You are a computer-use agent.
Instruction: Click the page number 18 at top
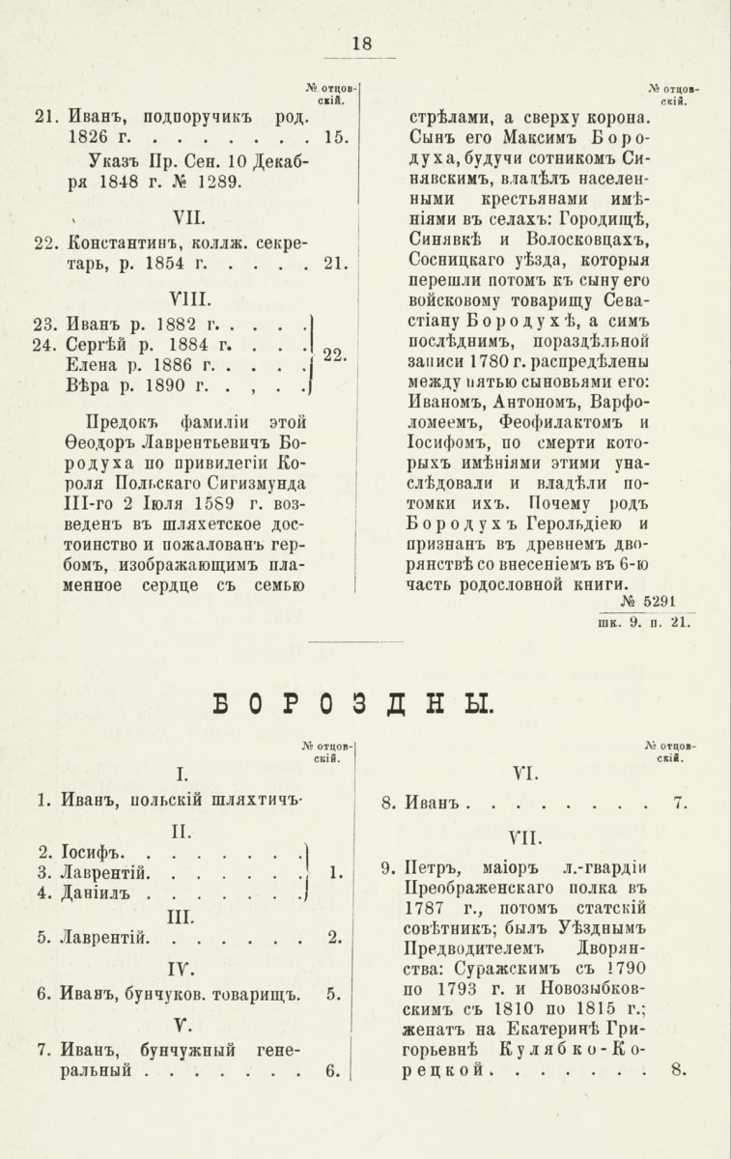tap(362, 42)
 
